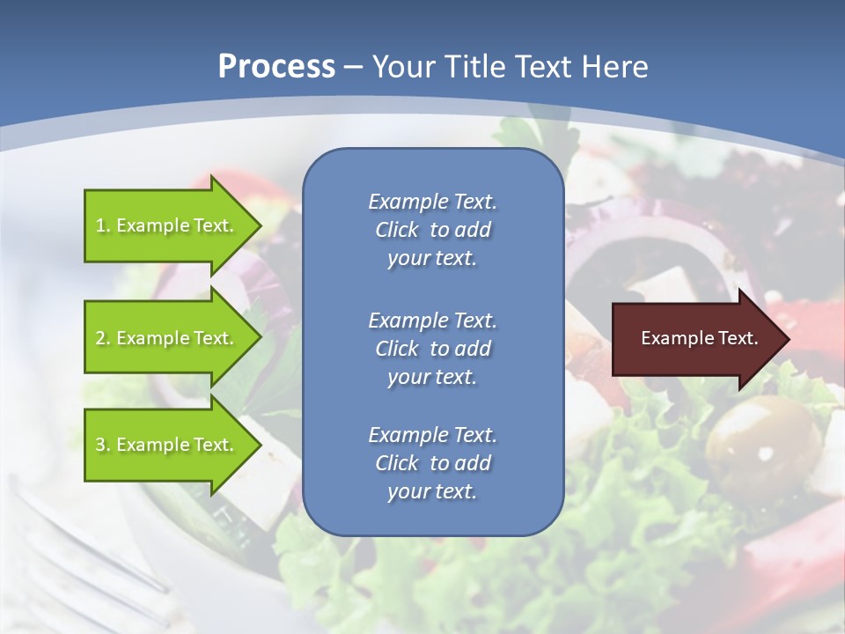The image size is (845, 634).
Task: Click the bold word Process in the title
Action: pos(276,67)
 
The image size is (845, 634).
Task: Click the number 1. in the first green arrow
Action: pos(103,225)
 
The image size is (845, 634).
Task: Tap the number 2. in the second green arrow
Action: pos(103,338)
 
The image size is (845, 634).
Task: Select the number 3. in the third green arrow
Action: pos(103,445)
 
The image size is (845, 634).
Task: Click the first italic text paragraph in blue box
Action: pos(432,230)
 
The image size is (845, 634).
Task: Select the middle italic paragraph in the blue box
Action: pos(432,348)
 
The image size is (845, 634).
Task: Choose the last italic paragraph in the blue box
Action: pos(432,463)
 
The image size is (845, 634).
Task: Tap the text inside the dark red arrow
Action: pos(700,338)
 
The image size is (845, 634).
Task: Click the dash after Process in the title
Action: pos(353,67)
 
